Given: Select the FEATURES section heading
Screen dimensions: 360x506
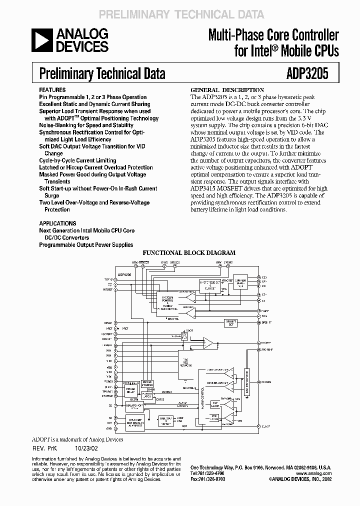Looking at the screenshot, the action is [x=52, y=90].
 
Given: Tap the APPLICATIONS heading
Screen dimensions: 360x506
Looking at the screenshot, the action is [x=57, y=223].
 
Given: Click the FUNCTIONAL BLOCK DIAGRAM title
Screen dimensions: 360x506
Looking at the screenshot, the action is [x=182, y=252].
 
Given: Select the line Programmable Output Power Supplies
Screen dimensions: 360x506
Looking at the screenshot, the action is [x=86, y=244].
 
